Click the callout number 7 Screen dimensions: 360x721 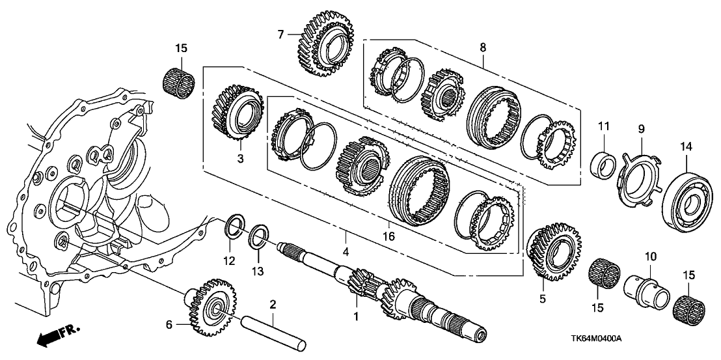click(x=281, y=34)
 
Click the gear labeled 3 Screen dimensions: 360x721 click(x=238, y=114)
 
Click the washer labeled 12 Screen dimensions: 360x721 click(x=235, y=227)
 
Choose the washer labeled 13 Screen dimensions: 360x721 click(x=259, y=236)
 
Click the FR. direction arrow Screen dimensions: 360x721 click(x=57, y=337)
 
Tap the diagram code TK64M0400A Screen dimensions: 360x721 click(x=597, y=340)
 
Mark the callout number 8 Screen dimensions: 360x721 click(x=482, y=47)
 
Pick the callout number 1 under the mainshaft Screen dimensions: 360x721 click(x=355, y=317)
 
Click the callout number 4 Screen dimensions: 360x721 click(x=346, y=251)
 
